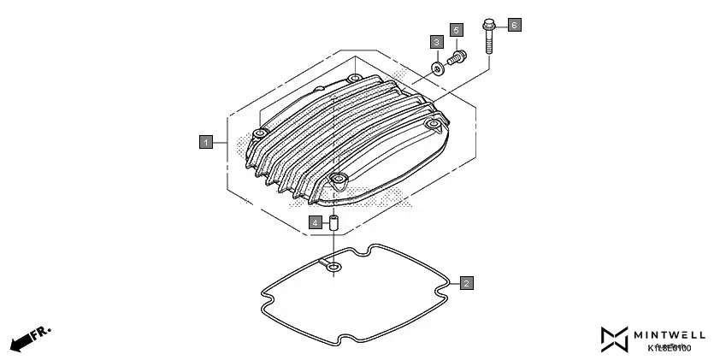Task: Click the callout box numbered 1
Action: pos(205,142)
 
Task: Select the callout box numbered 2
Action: pos(466,282)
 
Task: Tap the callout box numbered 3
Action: pos(436,42)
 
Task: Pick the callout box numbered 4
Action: pos(316,222)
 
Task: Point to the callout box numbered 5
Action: pos(456,30)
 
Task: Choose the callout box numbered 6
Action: pos(514,25)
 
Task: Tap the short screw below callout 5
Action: pos(457,58)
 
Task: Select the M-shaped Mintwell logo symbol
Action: pos(614,339)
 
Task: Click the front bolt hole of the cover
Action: pos(338,180)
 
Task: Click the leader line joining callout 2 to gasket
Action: pos(454,282)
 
